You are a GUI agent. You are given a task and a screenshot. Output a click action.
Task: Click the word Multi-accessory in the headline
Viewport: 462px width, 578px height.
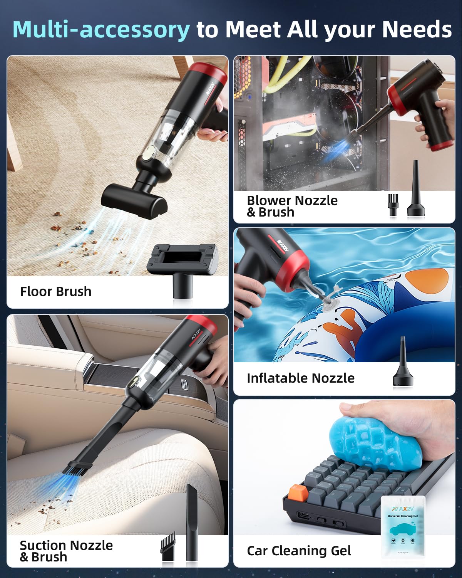(101, 30)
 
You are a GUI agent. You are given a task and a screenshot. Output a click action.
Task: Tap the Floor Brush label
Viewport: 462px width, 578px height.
(56, 291)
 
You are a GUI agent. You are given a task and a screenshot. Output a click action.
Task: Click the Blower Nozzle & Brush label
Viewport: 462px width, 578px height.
(292, 206)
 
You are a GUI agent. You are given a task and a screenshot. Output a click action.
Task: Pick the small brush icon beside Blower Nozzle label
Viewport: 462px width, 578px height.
(393, 205)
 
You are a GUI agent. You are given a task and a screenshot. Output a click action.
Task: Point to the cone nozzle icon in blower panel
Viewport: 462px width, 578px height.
(416, 191)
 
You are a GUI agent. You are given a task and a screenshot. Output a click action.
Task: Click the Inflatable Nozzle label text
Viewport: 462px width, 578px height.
(300, 378)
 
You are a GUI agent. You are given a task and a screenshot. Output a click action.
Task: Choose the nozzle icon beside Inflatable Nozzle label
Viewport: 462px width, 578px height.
(403, 363)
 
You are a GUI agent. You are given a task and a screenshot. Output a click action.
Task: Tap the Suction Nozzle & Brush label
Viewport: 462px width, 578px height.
(66, 551)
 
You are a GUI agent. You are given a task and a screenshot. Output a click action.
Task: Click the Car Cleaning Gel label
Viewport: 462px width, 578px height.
(299, 551)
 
